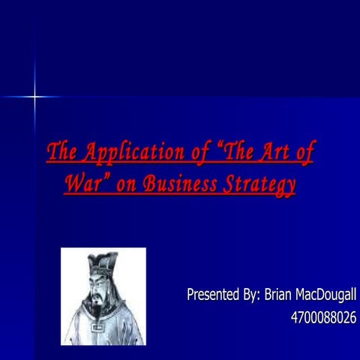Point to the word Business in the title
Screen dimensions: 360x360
coord(178,184)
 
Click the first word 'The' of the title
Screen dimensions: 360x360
coord(61,152)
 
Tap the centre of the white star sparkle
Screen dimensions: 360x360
coord(34,96)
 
